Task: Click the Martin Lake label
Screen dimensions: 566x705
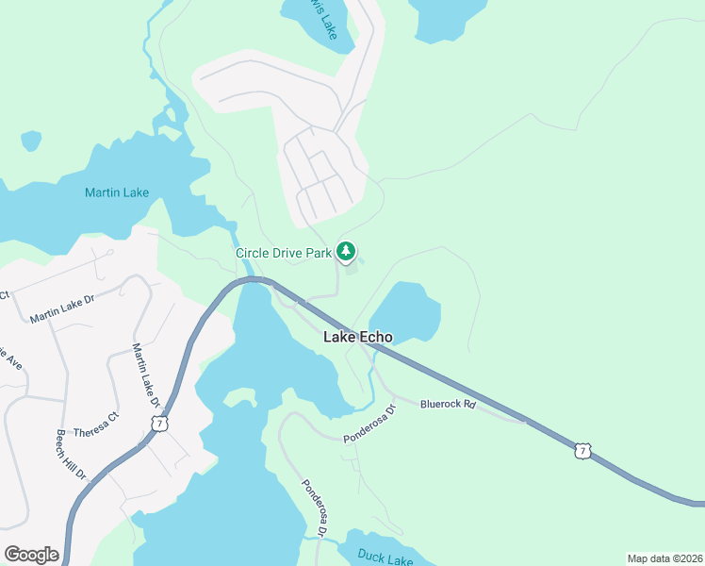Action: (x=117, y=192)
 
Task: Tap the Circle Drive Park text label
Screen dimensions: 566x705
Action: (x=284, y=253)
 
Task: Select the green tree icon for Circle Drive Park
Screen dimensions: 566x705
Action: (x=347, y=251)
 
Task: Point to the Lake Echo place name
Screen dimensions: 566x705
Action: (x=358, y=337)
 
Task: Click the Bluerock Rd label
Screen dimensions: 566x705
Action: (x=449, y=404)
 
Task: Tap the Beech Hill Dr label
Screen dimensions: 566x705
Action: (x=71, y=454)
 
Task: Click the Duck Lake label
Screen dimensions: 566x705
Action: (x=385, y=557)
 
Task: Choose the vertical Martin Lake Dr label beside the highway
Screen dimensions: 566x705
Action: (x=143, y=375)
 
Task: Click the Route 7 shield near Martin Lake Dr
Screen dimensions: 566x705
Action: (x=162, y=424)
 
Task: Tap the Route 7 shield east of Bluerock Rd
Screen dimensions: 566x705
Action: (x=583, y=453)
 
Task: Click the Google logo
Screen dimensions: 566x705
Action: (x=31, y=555)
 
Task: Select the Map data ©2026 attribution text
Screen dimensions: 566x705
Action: (x=664, y=558)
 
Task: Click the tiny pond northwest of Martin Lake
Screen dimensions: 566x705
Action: (x=31, y=141)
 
